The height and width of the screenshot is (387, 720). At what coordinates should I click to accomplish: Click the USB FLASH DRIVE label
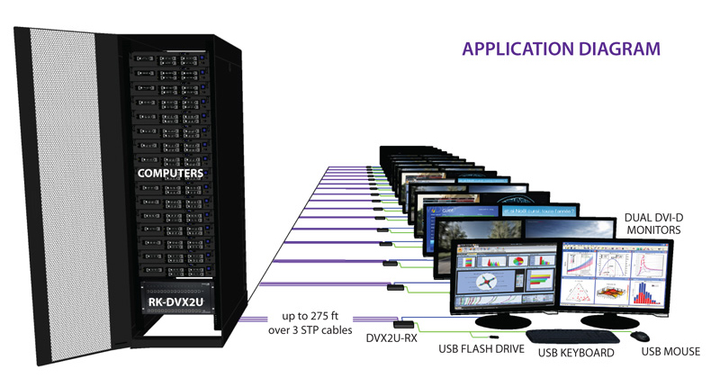(483, 346)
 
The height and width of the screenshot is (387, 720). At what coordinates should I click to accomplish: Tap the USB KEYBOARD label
(575, 353)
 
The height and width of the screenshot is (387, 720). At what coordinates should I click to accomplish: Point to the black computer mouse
(639, 336)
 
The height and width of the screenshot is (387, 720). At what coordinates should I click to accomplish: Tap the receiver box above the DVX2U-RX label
(403, 323)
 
